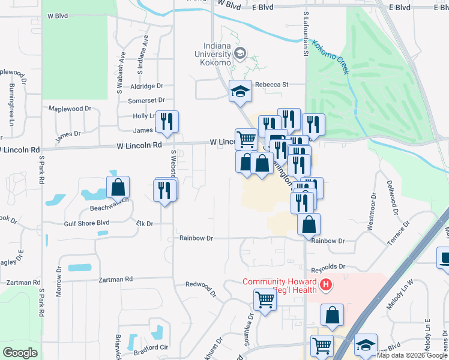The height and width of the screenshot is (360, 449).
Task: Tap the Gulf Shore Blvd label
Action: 87,223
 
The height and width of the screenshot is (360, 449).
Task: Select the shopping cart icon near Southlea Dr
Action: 264,299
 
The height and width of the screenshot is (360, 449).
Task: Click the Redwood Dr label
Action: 200,284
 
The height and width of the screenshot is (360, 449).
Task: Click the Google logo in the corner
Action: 20,352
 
